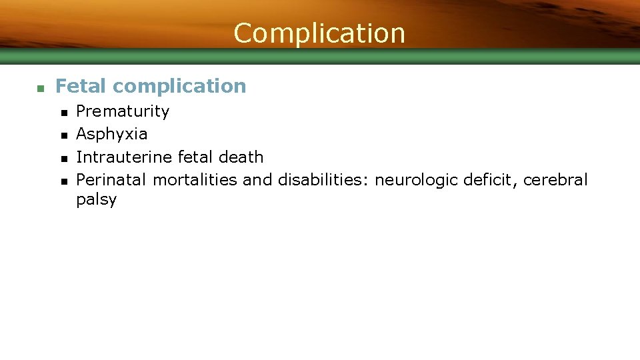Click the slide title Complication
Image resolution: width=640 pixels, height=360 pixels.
pyautogui.click(x=319, y=33)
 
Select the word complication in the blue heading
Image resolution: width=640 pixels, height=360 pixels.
pyautogui.click(x=179, y=87)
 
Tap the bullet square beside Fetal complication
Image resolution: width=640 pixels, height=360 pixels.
pyautogui.click(x=40, y=87)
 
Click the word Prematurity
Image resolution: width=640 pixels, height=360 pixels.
pyautogui.click(x=123, y=111)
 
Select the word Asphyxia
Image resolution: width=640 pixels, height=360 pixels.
pyautogui.click(x=111, y=134)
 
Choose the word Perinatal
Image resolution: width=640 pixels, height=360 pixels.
pyautogui.click(x=112, y=180)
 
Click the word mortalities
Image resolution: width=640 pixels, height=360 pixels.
pyautogui.click(x=195, y=180)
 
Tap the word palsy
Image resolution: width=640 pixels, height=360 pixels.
pyautogui.click(x=96, y=200)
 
